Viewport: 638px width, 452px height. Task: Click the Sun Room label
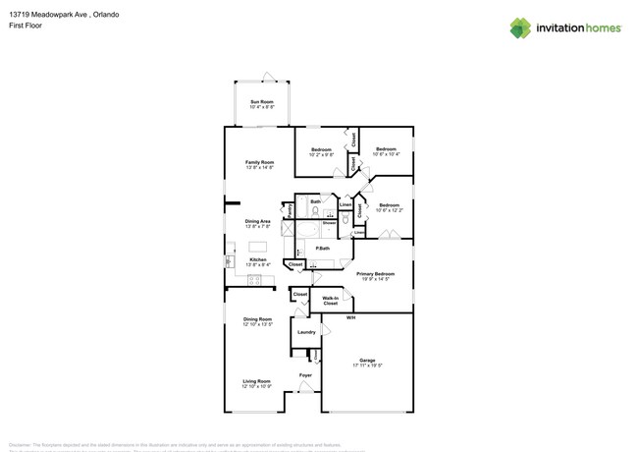(260, 101)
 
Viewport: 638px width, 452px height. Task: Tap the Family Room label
(259, 162)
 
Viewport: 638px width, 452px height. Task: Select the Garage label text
(367, 360)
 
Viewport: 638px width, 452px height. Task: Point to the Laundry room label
(306, 332)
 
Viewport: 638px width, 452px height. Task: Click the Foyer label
(305, 375)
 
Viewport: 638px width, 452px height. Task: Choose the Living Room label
(257, 381)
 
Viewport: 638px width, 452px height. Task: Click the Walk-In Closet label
(331, 300)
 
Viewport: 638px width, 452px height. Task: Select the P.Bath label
(321, 248)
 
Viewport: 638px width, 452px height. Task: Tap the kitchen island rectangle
(258, 247)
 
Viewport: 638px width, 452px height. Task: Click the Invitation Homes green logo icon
(519, 28)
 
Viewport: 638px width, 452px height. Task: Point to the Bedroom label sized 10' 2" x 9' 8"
(321, 149)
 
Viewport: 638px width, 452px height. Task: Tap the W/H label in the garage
(350, 317)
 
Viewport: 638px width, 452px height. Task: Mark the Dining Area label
(258, 221)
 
